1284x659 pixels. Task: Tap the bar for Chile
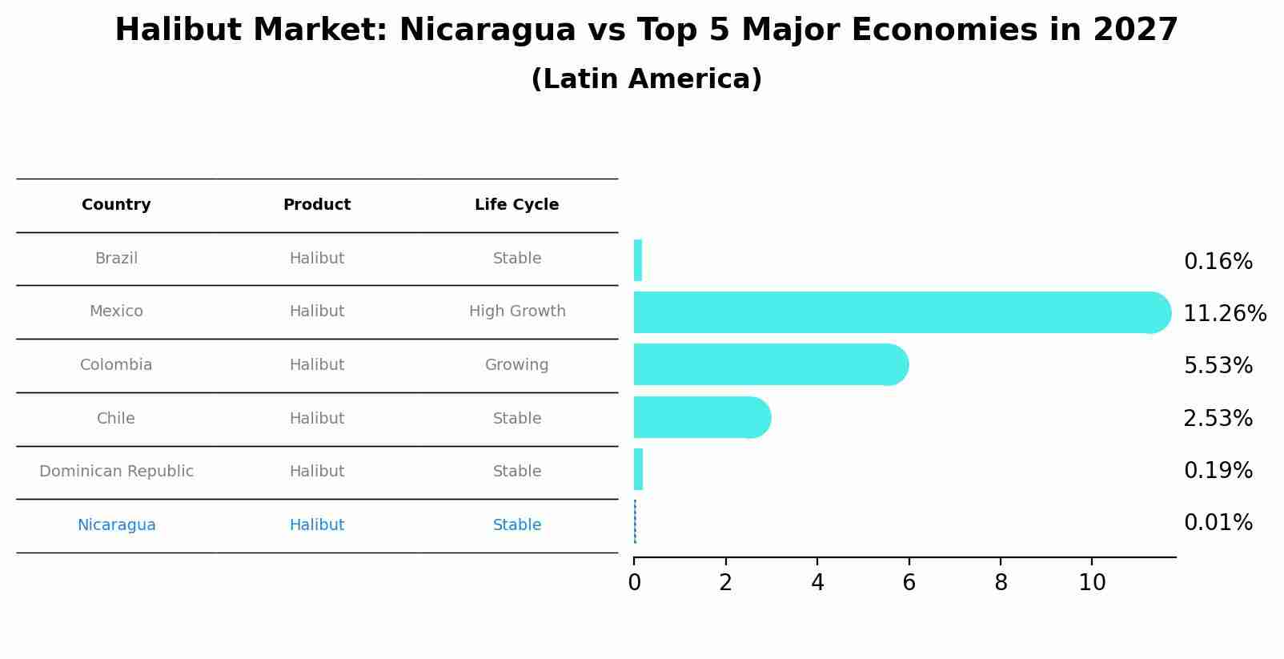pos(701,418)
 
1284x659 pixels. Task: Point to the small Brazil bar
pos(638,260)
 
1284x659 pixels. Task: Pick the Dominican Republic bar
pos(638,470)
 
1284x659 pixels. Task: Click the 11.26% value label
pos(1224,314)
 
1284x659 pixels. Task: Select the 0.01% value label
pos(1218,523)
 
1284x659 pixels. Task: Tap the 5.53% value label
pos(1218,366)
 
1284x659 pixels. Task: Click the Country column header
pos(116,205)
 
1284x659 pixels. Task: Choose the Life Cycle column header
pos(516,205)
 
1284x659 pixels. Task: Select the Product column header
pos(317,205)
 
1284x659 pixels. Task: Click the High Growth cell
pos(517,311)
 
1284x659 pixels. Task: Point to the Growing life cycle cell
pos(516,365)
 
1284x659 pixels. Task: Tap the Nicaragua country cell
pos(117,525)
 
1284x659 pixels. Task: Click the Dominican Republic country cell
pos(117,472)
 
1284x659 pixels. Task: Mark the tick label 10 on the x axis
pos(1092,583)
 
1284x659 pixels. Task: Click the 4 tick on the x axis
pos(817,583)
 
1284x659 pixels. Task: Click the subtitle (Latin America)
pos(646,79)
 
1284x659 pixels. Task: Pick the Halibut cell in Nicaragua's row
pos(317,525)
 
